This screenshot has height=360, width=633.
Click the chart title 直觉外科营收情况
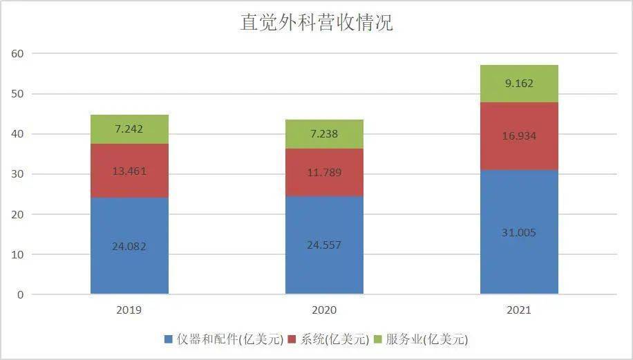click(x=316, y=23)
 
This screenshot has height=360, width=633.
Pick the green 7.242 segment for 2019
click(x=129, y=129)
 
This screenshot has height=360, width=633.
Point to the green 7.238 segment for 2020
click(x=324, y=134)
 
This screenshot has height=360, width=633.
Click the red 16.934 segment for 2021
click(x=519, y=136)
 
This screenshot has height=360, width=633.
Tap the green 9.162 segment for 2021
click(x=519, y=84)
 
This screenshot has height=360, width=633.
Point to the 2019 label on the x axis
click(x=129, y=311)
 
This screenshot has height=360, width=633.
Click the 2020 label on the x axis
click(x=324, y=311)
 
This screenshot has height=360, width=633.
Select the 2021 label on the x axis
click(x=519, y=311)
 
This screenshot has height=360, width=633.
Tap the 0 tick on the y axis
click(x=20, y=295)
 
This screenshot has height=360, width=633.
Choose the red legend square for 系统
click(x=292, y=339)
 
